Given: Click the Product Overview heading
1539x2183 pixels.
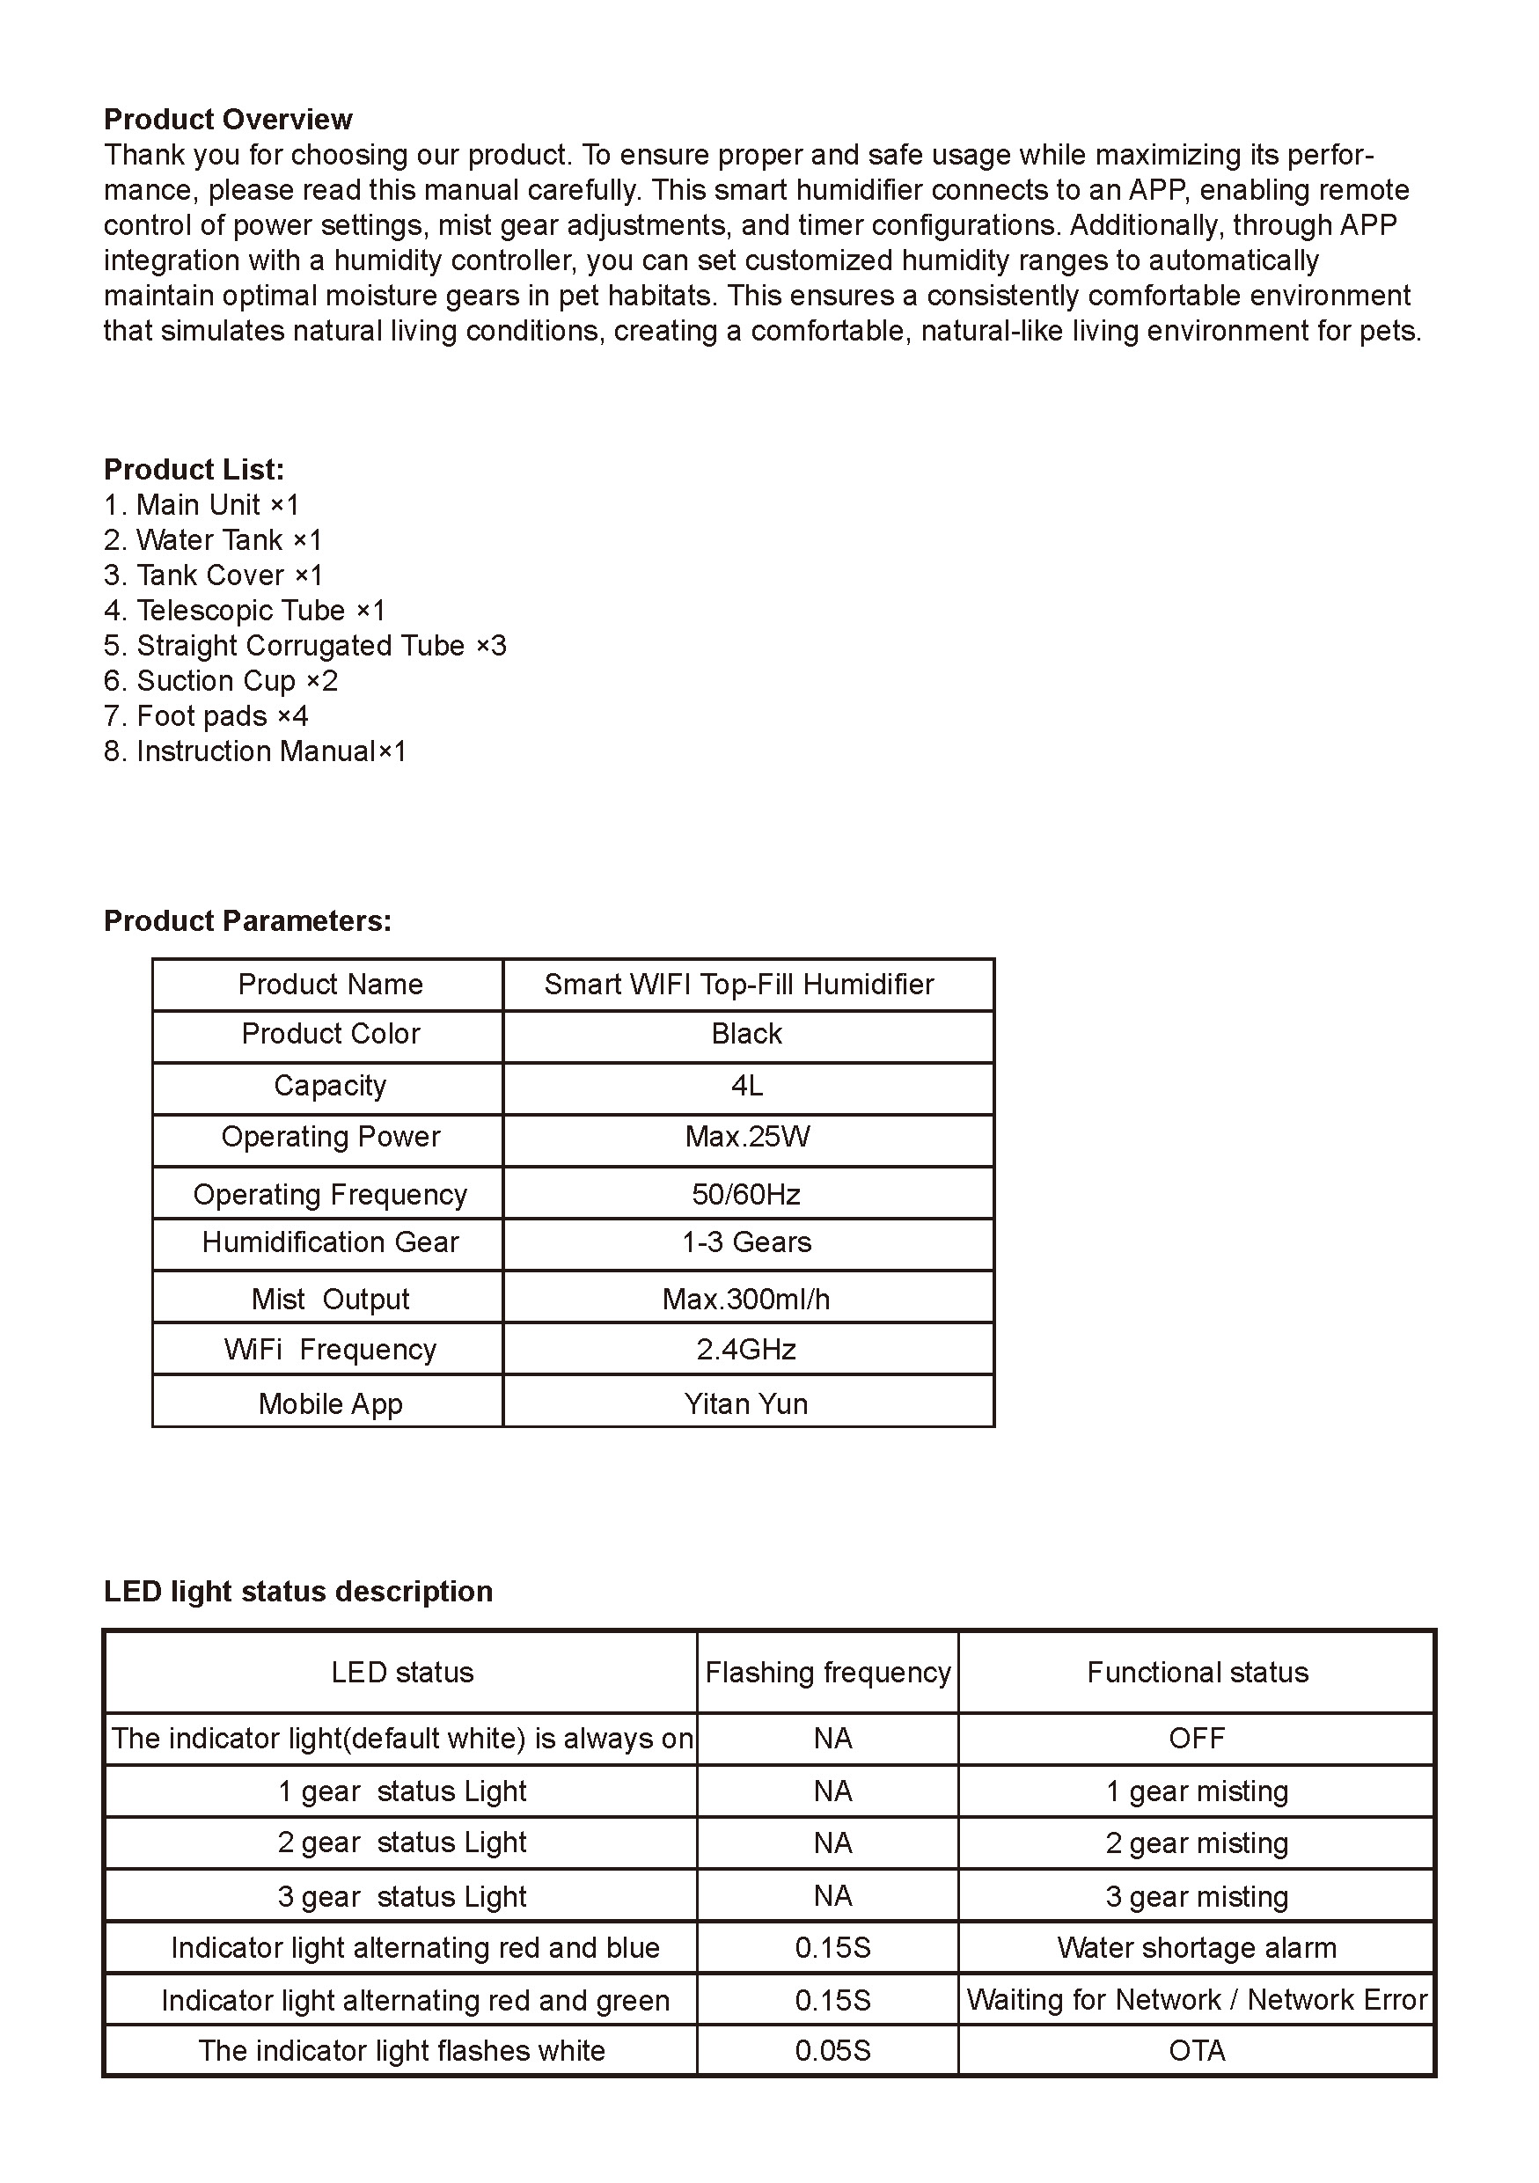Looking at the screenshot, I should tap(227, 120).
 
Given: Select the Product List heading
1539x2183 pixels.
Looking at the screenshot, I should tap(194, 470).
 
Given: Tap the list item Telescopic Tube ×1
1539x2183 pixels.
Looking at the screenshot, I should tap(245, 611).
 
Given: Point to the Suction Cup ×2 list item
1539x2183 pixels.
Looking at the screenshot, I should tap(221, 681).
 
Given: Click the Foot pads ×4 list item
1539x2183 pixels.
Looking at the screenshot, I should tap(206, 716).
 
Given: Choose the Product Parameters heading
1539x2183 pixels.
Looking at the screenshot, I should tap(247, 920).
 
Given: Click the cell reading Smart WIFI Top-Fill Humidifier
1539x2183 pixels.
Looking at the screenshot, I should tap(738, 984).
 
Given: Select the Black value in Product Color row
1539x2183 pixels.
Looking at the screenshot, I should tap(746, 1035).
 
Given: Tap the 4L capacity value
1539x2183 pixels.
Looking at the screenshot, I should tap(746, 1086).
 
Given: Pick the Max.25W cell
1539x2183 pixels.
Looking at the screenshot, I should tap(746, 1137).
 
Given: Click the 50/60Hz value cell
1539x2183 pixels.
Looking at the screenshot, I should tap(746, 1194).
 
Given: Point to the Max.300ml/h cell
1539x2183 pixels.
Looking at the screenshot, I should tap(746, 1299).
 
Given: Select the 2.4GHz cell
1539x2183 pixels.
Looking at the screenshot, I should tap(746, 1350).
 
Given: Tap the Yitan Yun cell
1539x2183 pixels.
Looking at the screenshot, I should tap(746, 1404).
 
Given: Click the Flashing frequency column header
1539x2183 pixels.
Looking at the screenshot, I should tap(828, 1673).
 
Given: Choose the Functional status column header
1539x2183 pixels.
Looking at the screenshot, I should tap(1197, 1673).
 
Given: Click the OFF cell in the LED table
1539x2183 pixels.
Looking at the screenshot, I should tap(1197, 1739).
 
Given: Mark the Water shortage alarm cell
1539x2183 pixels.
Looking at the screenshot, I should tap(1197, 1948).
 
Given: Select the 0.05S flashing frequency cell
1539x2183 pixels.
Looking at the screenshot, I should tap(832, 2051).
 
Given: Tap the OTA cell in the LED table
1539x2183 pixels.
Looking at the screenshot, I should tap(1197, 2051).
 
